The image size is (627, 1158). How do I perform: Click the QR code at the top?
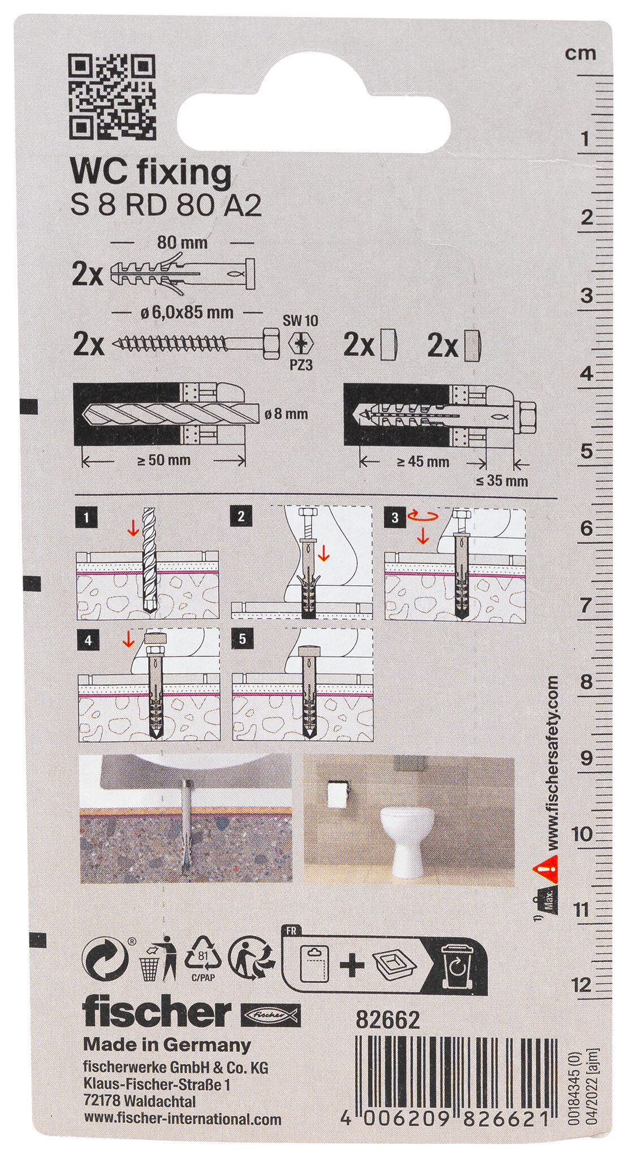tap(112, 98)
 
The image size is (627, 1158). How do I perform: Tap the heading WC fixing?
tap(150, 172)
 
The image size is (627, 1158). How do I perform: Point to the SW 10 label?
tap(300, 321)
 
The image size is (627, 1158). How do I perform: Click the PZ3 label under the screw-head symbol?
tap(300, 365)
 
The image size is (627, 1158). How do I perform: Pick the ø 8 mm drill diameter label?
tap(286, 414)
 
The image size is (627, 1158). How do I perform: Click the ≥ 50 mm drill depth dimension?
tap(165, 460)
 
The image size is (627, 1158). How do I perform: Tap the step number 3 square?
tap(395, 517)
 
